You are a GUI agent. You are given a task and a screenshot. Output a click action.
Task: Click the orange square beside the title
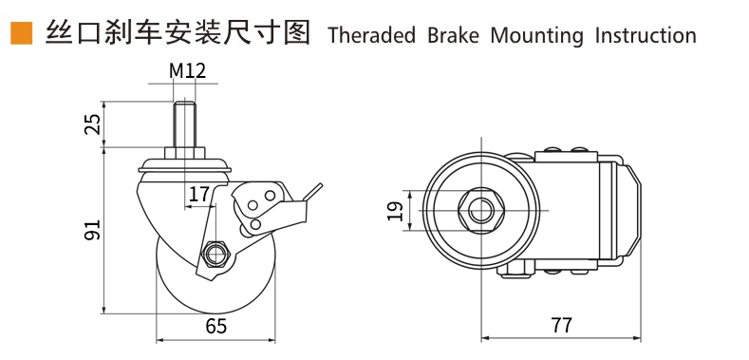pos(21,33)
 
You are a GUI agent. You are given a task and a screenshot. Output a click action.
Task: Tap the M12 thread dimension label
pos(187,71)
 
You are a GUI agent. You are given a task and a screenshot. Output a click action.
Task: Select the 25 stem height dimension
pos(95,123)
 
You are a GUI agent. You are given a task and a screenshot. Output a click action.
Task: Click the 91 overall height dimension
pos(95,230)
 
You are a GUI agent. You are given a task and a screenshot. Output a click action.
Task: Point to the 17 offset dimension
pos(199,195)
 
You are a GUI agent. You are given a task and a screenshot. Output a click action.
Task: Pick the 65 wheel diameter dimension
pos(216,327)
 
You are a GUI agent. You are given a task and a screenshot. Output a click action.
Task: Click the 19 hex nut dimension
pos(396,210)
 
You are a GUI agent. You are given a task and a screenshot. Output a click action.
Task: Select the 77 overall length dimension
pos(561,326)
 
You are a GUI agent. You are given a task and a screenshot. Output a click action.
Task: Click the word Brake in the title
pos(454,36)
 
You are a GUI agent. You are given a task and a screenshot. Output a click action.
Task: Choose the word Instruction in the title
pos(646,36)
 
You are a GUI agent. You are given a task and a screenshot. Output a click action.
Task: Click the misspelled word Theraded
pos(371,36)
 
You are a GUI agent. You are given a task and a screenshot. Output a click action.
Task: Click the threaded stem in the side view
pos(184,123)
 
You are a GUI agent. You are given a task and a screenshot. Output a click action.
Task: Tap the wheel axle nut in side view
pos(216,254)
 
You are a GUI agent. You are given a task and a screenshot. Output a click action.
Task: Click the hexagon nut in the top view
pos(481,210)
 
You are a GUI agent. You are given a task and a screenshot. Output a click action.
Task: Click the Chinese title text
pos(178,33)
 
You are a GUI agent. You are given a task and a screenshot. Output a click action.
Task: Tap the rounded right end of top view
pos(635,210)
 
